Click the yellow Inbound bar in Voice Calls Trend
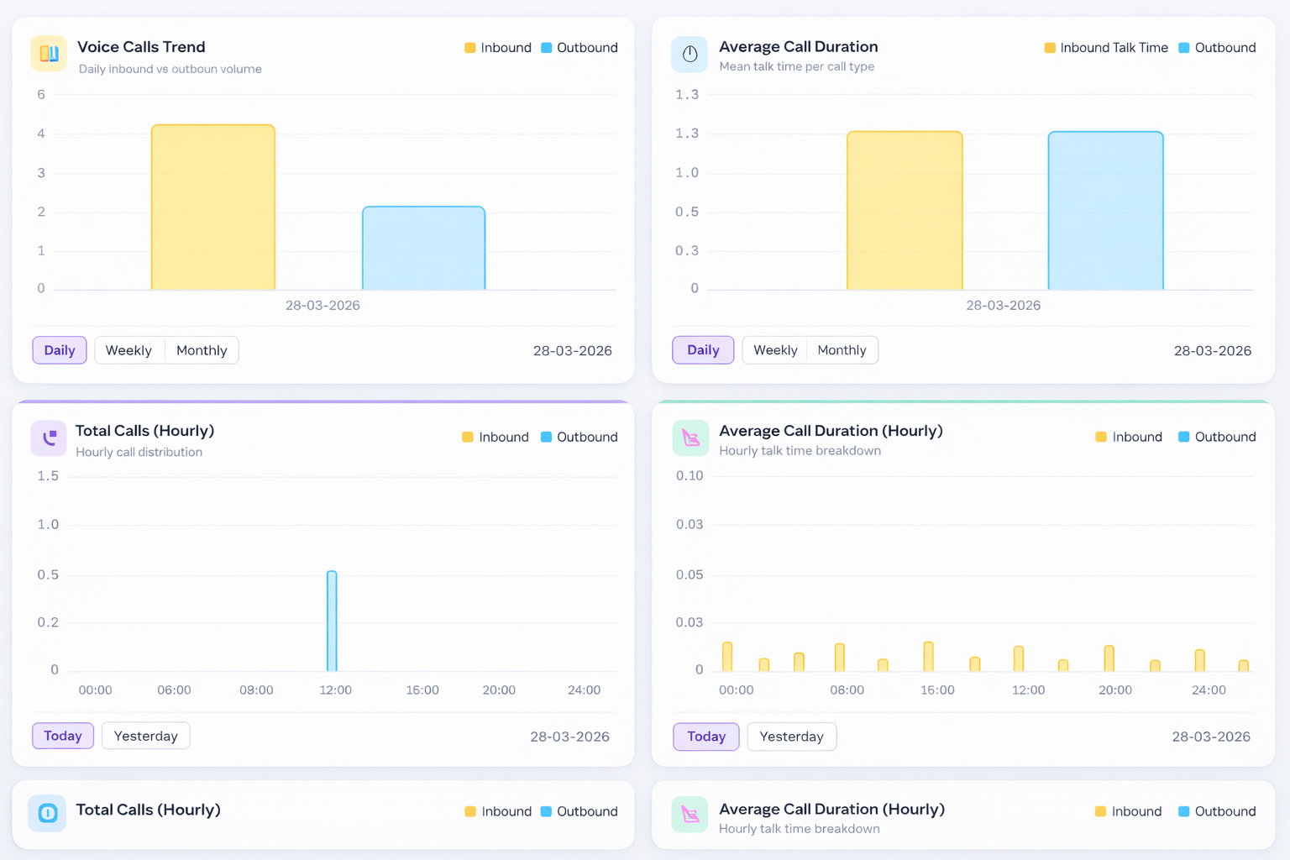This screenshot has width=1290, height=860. pyautogui.click(x=213, y=207)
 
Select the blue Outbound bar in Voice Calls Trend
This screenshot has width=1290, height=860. pyautogui.click(x=423, y=248)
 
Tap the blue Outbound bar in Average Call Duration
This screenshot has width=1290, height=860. pyautogui.click(x=1105, y=211)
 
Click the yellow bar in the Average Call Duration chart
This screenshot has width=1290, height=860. pyautogui.click(x=905, y=211)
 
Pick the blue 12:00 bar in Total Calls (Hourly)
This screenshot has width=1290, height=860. pyautogui.click(x=332, y=621)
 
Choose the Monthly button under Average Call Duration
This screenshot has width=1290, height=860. pyautogui.click(x=842, y=350)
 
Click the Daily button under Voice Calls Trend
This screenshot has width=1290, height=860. pyautogui.click(x=60, y=350)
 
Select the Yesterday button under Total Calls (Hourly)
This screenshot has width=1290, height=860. pyautogui.click(x=145, y=736)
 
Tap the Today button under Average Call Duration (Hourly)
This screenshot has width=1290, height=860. pyautogui.click(x=705, y=737)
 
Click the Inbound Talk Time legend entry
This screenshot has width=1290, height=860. pyautogui.click(x=1106, y=48)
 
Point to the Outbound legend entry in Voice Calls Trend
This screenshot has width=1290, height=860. pyautogui.click(x=579, y=48)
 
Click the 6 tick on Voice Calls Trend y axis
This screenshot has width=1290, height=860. pyautogui.click(x=41, y=95)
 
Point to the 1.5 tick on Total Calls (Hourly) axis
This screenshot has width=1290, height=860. pyautogui.click(x=48, y=476)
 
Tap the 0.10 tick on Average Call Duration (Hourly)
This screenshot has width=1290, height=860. pyautogui.click(x=690, y=476)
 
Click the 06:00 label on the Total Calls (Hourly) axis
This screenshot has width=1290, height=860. pyautogui.click(x=174, y=690)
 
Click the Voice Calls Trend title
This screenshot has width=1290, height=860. pyautogui.click(x=141, y=47)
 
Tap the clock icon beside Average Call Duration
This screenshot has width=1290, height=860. pyautogui.click(x=690, y=55)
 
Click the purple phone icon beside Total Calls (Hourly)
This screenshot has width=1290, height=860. pyautogui.click(x=49, y=438)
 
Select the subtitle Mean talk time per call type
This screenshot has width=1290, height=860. pyautogui.click(x=796, y=66)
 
